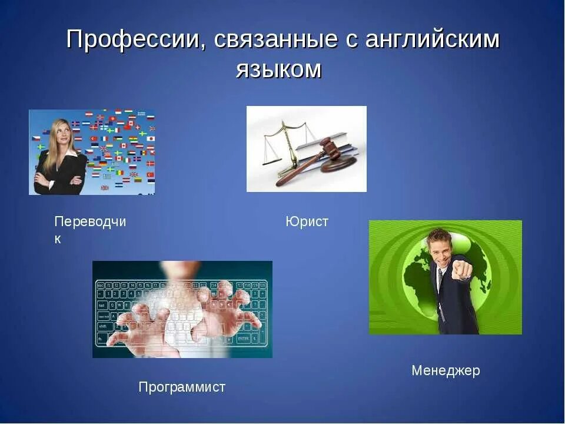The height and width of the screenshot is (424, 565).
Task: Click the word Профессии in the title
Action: tap(132, 40)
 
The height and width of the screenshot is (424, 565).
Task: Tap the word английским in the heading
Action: tap(433, 40)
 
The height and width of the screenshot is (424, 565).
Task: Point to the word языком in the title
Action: tap(279, 69)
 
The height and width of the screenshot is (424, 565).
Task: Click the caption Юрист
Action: tap(307, 222)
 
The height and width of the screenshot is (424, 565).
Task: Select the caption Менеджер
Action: tap(446, 371)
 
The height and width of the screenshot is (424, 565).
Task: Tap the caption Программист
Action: tap(182, 387)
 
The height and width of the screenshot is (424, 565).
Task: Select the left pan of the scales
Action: tap(272, 157)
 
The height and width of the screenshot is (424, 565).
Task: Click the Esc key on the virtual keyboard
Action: tap(101, 285)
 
